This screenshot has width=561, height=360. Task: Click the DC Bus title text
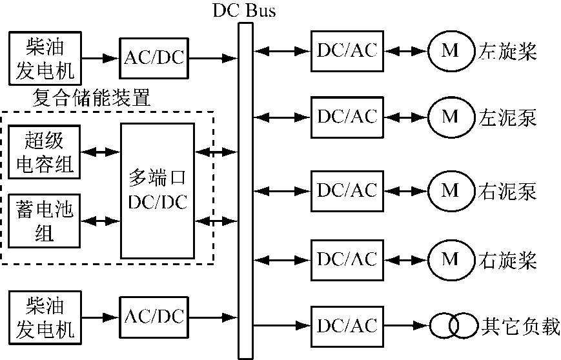pos(243,10)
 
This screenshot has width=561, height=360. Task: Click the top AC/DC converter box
pos(153,57)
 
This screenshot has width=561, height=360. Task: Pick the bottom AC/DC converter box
pos(153,317)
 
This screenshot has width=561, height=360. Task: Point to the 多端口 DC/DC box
pos(158,190)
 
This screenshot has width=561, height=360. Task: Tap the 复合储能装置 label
pos(91,99)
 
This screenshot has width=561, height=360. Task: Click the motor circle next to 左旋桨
pos(450,50)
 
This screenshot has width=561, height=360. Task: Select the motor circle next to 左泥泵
pos(450,117)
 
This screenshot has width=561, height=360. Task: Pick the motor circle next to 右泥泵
pos(450,191)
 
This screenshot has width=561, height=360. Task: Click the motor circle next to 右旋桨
pos(450,259)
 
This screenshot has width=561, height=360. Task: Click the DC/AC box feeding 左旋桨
pos(347,50)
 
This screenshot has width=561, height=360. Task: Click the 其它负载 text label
pos(520,326)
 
